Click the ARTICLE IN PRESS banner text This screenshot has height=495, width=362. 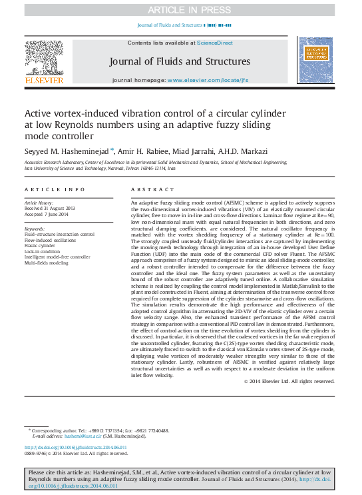(181, 9)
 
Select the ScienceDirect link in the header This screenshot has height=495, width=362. (214, 43)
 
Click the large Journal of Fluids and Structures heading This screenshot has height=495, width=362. (180, 62)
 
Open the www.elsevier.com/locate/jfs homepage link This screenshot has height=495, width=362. (206, 80)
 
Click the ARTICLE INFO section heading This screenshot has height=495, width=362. (55, 190)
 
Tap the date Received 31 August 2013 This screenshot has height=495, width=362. (50, 209)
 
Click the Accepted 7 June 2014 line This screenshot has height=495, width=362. (47, 215)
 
